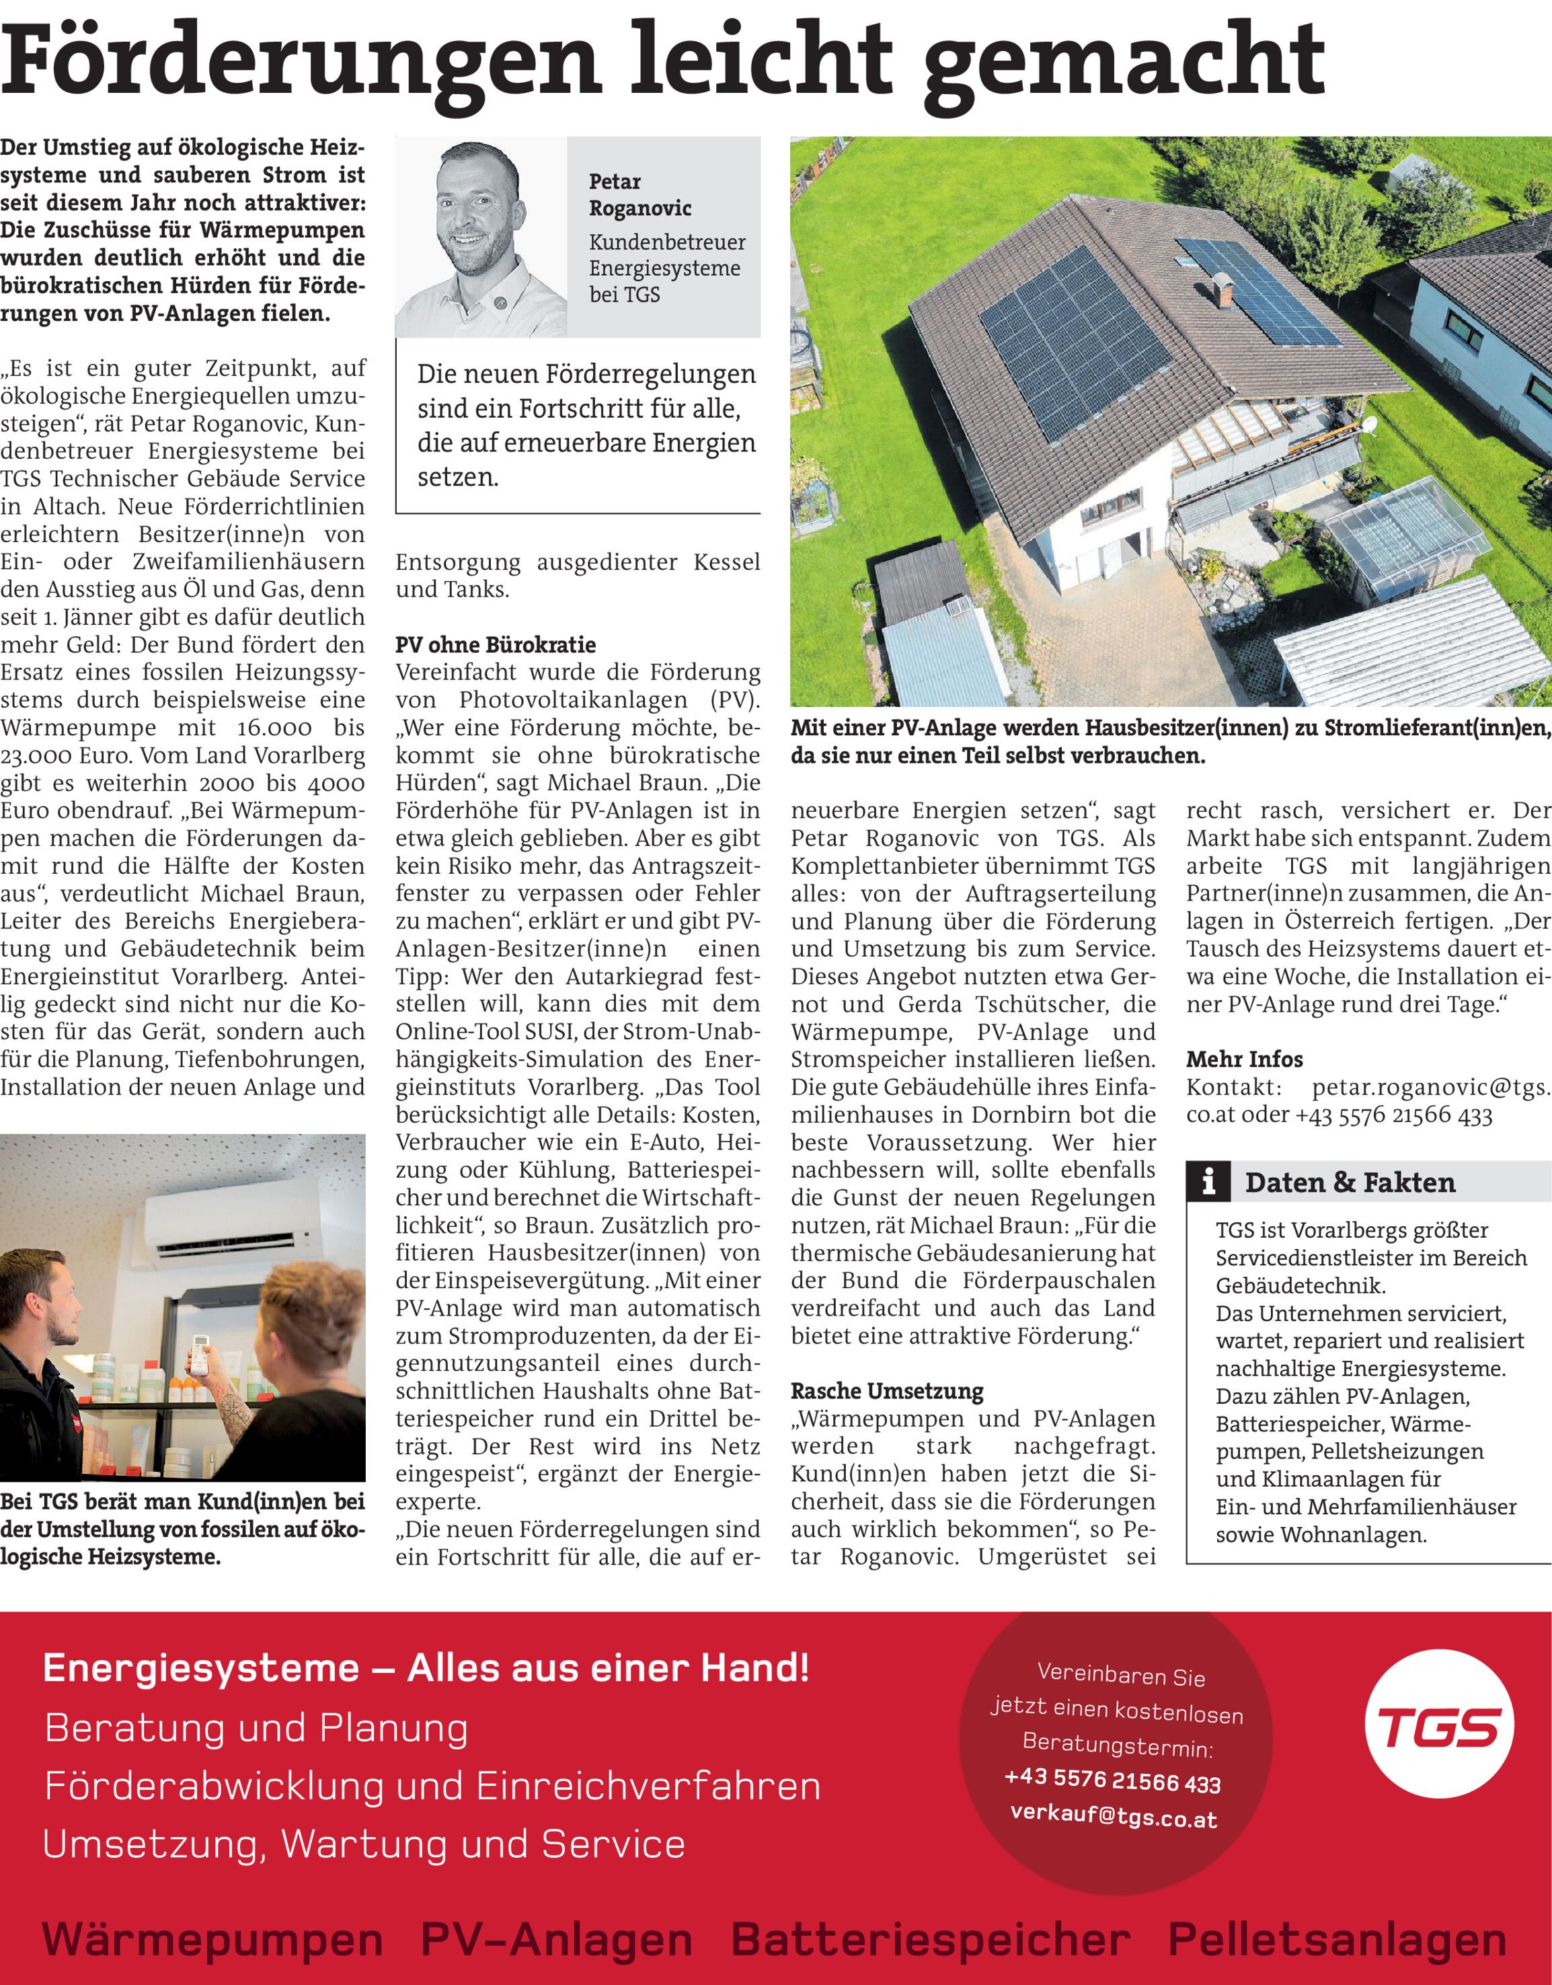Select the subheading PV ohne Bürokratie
(495, 644)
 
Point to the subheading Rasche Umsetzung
(887, 1390)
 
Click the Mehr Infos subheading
(1244, 1059)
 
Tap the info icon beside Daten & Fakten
(1208, 1182)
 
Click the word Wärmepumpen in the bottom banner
(212, 1939)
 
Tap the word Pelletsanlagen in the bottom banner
(1337, 1939)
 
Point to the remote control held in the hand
(198, 1353)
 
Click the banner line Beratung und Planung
(256, 1728)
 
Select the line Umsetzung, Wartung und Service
(364, 1844)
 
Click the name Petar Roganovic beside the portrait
(639, 194)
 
